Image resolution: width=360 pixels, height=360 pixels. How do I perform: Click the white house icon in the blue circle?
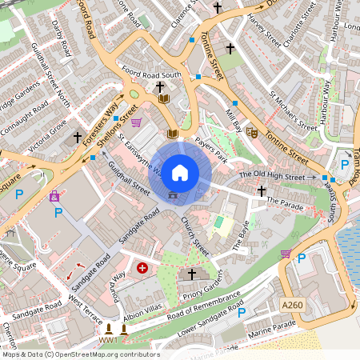click(180, 171)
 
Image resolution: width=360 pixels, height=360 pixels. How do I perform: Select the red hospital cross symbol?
click(143, 268)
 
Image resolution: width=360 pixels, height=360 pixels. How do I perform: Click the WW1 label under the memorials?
click(109, 340)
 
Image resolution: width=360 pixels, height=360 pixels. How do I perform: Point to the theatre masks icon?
click(250, 133)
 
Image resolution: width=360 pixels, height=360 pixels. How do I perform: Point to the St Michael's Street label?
click(292, 113)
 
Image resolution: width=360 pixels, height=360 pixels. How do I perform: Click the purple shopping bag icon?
click(54, 196)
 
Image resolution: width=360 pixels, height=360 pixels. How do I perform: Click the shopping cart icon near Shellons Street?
click(136, 123)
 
